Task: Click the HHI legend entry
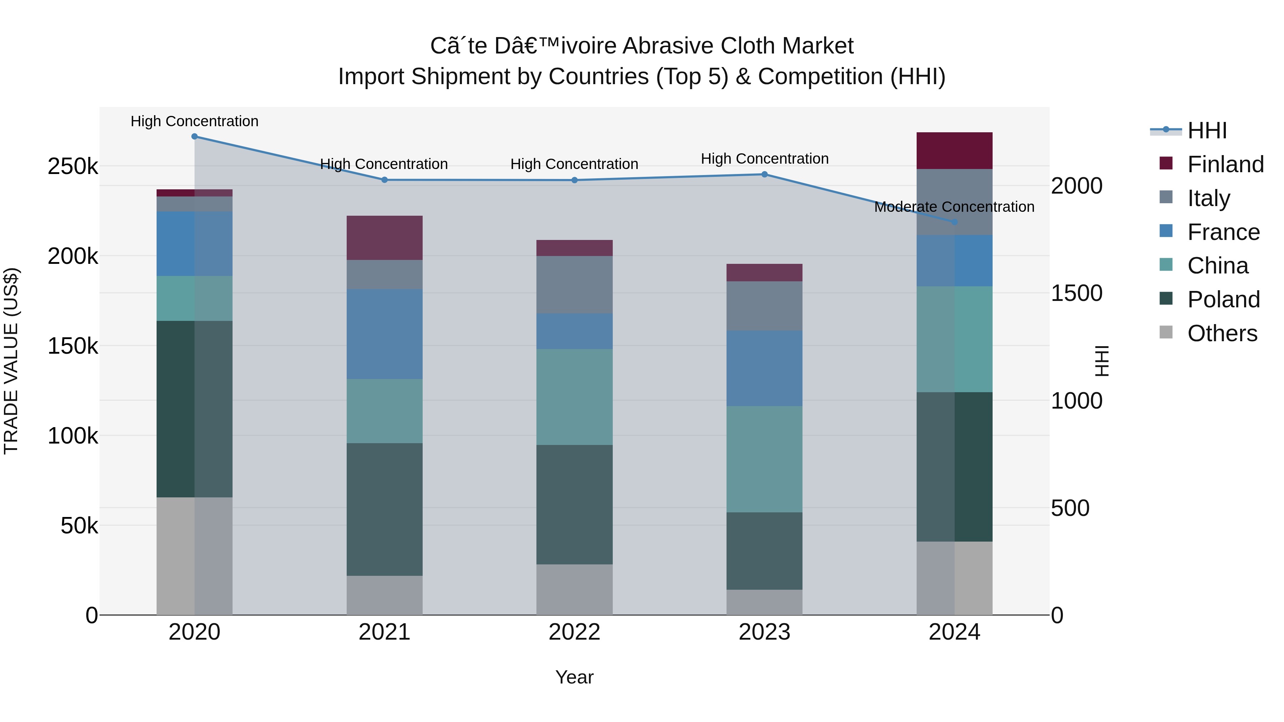tap(1206, 130)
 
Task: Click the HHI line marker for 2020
tap(194, 137)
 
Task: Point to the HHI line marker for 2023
tap(764, 174)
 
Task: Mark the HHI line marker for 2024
tap(954, 222)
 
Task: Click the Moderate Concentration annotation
tap(954, 207)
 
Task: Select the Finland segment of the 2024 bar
tap(954, 150)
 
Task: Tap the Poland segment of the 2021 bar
tap(384, 509)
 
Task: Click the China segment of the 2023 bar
tap(764, 459)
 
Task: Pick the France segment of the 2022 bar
tap(574, 331)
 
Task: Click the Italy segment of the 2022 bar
tap(574, 285)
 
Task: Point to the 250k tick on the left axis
tap(73, 167)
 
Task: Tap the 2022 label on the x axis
tap(574, 632)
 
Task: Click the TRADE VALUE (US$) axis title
tap(11, 361)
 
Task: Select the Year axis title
tap(574, 677)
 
